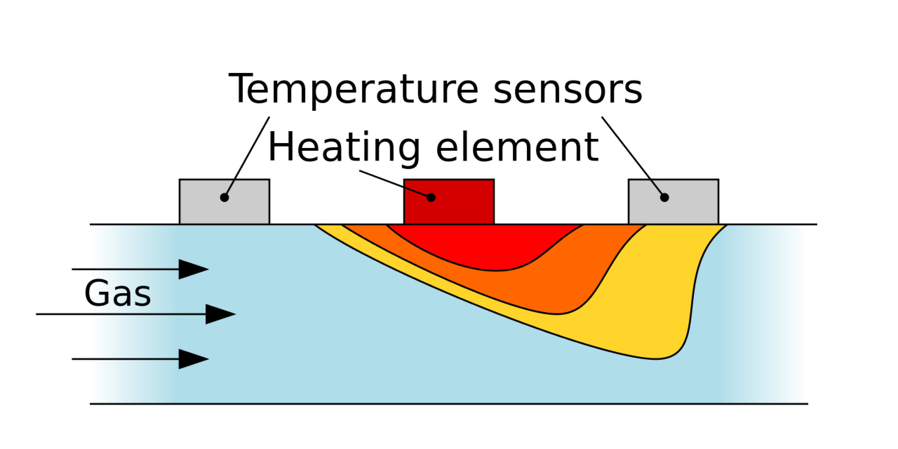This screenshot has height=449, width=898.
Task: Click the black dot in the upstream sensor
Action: click(224, 197)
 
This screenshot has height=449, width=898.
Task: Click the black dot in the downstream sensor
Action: click(664, 197)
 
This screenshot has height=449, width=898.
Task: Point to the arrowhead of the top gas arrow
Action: click(193, 269)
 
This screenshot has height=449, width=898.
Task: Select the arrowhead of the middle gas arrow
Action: click(220, 314)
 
